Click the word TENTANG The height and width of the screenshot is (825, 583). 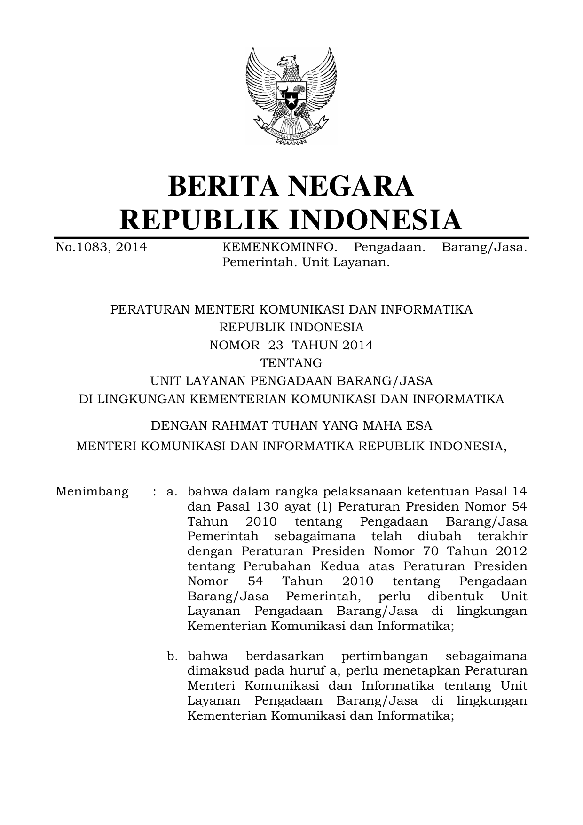click(291, 363)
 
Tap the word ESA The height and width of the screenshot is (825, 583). click(420, 426)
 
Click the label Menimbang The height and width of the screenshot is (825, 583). click(92, 492)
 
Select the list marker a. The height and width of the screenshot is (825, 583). click(172, 492)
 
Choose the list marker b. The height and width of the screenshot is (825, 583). click(172, 656)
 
